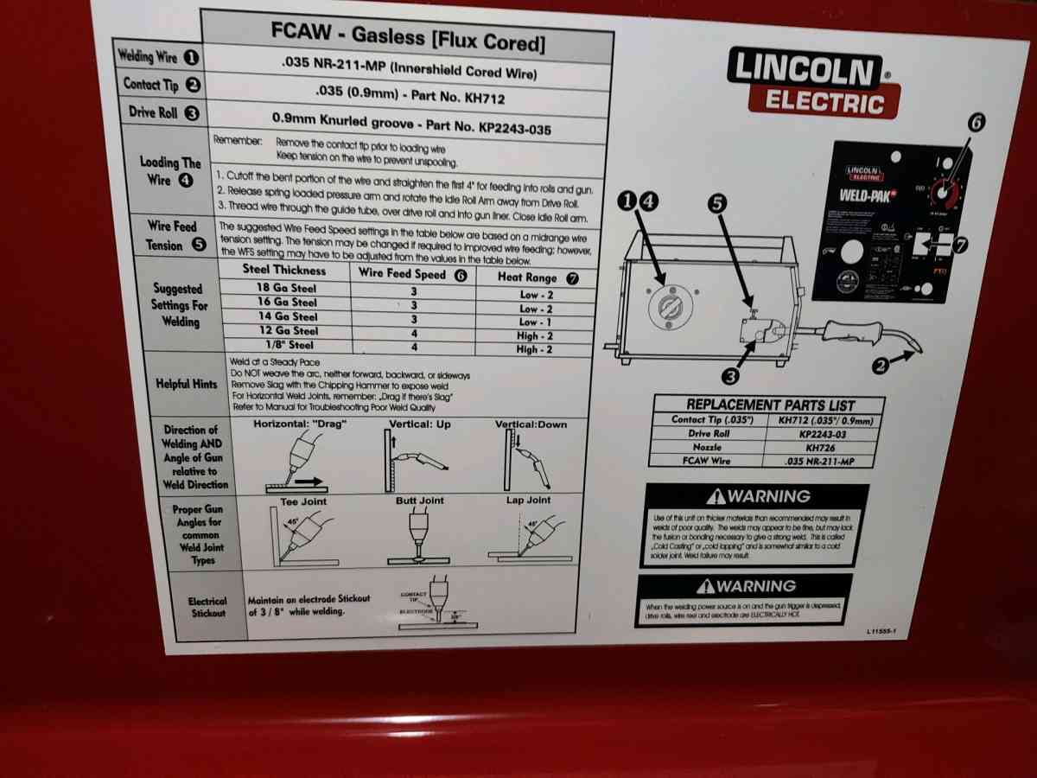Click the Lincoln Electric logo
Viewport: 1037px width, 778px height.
pyautogui.click(x=812, y=82)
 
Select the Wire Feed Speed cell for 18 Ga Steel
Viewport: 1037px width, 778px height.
pyautogui.click(x=413, y=291)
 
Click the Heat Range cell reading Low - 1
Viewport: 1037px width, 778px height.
pyautogui.click(x=535, y=322)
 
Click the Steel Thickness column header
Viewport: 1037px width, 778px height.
pyautogui.click(x=284, y=270)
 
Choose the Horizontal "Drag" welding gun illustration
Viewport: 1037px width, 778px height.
pyautogui.click(x=296, y=459)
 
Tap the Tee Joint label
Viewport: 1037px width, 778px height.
pyautogui.click(x=303, y=501)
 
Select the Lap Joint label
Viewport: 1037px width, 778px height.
pyautogui.click(x=528, y=501)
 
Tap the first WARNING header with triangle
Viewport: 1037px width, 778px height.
pyautogui.click(x=758, y=496)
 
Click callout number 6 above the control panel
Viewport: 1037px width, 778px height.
pyautogui.click(x=975, y=124)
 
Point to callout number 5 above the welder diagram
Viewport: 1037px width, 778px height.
pyautogui.click(x=717, y=204)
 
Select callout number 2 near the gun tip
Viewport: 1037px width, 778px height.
pyautogui.click(x=881, y=366)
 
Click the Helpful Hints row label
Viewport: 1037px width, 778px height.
pyautogui.click(x=186, y=384)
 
